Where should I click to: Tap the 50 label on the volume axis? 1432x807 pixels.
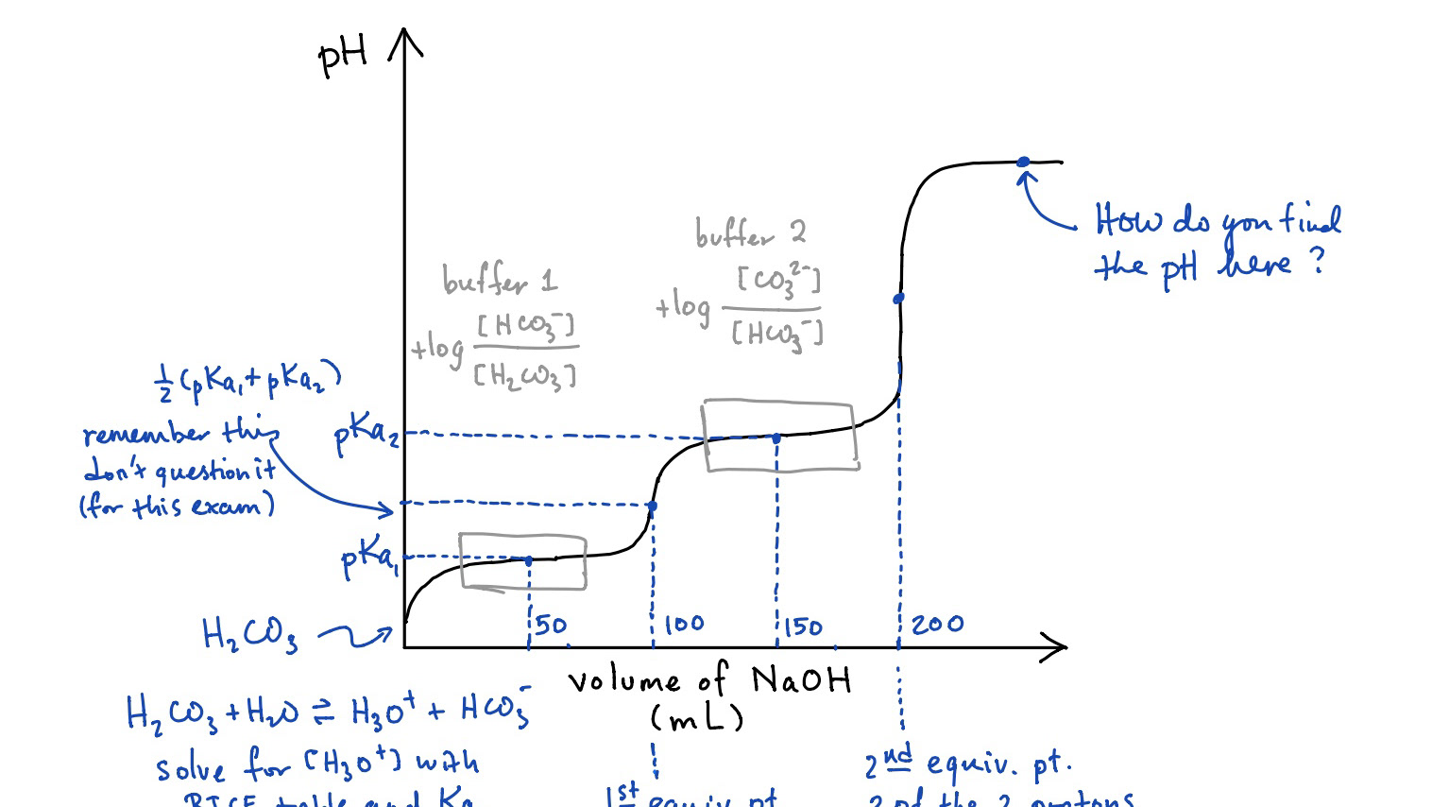click(551, 625)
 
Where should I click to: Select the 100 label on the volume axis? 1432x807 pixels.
click(684, 624)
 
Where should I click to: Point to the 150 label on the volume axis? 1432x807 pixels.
click(803, 627)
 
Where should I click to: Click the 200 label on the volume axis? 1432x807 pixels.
click(937, 624)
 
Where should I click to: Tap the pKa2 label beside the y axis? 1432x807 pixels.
click(367, 436)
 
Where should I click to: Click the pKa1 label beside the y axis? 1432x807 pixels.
click(367, 559)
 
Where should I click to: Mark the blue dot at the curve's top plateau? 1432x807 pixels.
click(1023, 163)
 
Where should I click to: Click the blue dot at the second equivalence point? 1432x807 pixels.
click(898, 298)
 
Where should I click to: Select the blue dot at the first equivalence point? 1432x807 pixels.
click(652, 507)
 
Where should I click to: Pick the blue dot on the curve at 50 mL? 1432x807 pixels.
click(528, 560)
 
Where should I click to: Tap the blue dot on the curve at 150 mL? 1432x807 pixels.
click(776, 438)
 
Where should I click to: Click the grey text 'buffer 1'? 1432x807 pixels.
click(500, 280)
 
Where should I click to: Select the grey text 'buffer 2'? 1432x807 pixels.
click(750, 232)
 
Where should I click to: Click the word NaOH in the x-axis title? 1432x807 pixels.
click(801, 679)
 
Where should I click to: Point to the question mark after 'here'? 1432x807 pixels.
click(1318, 261)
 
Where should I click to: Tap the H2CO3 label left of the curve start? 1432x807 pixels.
click(249, 635)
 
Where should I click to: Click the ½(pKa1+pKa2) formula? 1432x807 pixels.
click(247, 383)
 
